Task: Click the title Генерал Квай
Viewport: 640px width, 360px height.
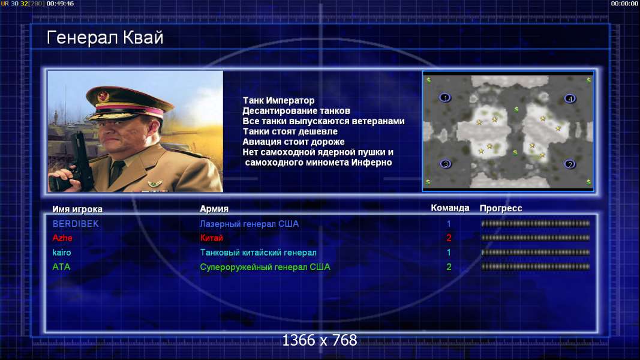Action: [x=105, y=38]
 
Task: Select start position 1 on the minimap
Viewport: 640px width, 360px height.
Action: [x=445, y=98]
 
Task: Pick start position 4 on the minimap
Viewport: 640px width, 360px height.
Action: [x=570, y=98]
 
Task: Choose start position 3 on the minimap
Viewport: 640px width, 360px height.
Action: [x=445, y=164]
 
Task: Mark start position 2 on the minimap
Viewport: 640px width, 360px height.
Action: [x=570, y=164]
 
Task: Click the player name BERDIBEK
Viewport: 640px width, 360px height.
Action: [x=76, y=224]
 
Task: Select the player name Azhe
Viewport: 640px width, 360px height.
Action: [x=62, y=238]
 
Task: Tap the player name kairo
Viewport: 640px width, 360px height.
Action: [x=62, y=253]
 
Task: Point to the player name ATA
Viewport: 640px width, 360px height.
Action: [x=61, y=267]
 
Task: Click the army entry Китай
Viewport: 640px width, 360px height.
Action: [x=211, y=238]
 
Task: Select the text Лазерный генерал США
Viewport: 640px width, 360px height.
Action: [x=249, y=224]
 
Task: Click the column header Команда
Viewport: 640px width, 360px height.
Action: [x=450, y=208]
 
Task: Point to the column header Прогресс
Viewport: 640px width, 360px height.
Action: [x=501, y=209]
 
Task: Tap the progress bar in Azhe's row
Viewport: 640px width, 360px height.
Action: [x=536, y=238]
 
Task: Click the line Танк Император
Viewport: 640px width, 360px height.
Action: [x=278, y=100]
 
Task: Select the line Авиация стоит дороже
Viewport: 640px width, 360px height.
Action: [x=293, y=142]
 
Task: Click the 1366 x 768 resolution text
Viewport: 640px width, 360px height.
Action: [x=320, y=340]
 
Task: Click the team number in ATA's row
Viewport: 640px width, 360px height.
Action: [x=449, y=267]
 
